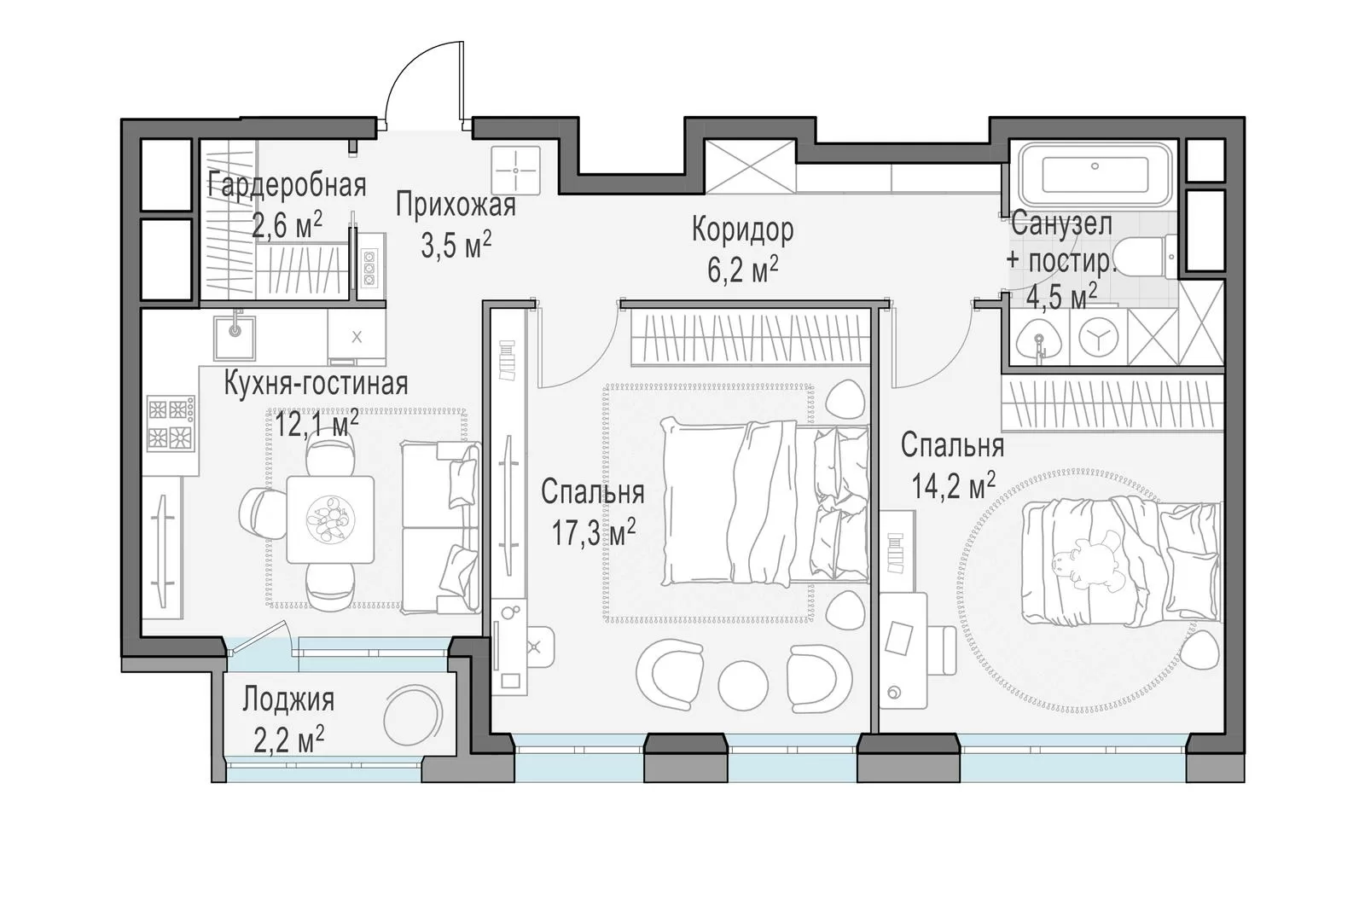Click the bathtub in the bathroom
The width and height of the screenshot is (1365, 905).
click(1095, 174)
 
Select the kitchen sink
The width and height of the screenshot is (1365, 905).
click(235, 337)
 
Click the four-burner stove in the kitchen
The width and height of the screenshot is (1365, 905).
click(171, 424)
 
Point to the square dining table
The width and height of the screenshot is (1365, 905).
click(329, 519)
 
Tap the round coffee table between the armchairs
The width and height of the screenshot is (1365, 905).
click(742, 685)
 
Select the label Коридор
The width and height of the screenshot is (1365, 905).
click(742, 229)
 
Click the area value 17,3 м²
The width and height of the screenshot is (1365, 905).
click(593, 532)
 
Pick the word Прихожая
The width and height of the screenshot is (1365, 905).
click(456, 205)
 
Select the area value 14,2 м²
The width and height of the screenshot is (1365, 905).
click(953, 485)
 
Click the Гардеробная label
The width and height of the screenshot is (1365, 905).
click(287, 185)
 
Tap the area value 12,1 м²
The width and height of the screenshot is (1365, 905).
click(317, 423)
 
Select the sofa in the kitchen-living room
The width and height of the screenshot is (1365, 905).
click(440, 527)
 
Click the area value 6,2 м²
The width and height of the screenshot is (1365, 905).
click(742, 270)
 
